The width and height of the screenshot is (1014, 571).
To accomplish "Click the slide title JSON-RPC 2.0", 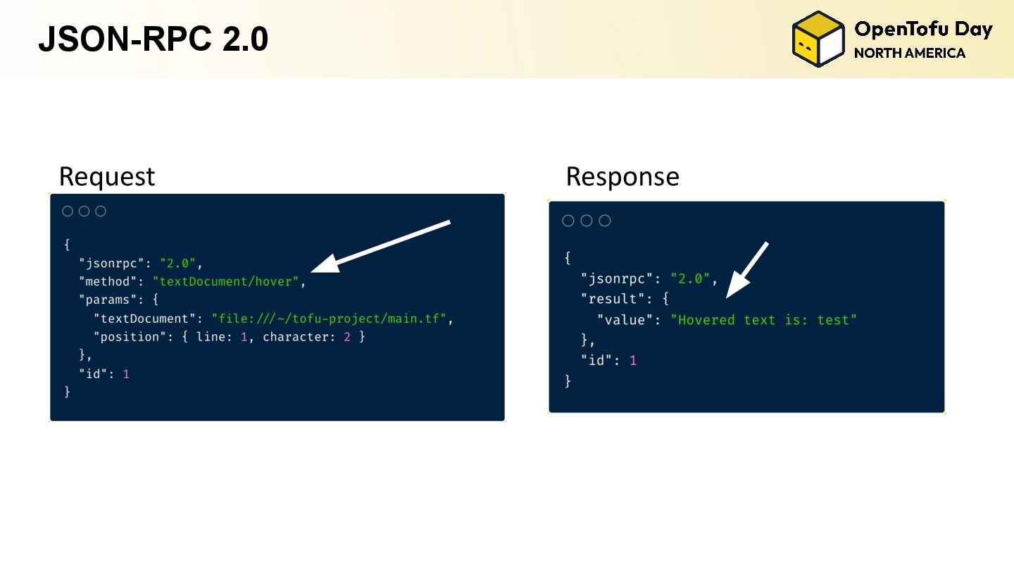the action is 153,39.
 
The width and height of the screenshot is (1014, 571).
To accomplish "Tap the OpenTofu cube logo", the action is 818,39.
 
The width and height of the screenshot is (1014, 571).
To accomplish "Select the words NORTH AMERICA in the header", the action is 909,53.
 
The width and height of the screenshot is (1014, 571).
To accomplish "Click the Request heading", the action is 106,176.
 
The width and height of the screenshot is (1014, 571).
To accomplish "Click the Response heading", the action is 622,176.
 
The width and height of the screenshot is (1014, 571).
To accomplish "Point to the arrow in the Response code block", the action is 746,270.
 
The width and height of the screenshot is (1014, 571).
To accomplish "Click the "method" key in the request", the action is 105,282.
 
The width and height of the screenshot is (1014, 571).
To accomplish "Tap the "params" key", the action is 105,300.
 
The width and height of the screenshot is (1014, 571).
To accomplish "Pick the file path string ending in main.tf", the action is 329,319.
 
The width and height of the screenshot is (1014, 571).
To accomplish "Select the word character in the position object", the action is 295,337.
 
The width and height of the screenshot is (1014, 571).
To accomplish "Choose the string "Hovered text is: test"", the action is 763,320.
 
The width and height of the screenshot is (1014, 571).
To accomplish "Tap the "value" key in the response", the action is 625,320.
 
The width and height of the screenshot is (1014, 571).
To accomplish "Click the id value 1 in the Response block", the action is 632,361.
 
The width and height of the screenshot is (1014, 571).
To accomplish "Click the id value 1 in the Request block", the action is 126,374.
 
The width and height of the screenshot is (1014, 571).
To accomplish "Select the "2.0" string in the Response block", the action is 690,278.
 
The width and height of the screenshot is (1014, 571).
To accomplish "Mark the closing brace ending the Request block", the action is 68,392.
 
